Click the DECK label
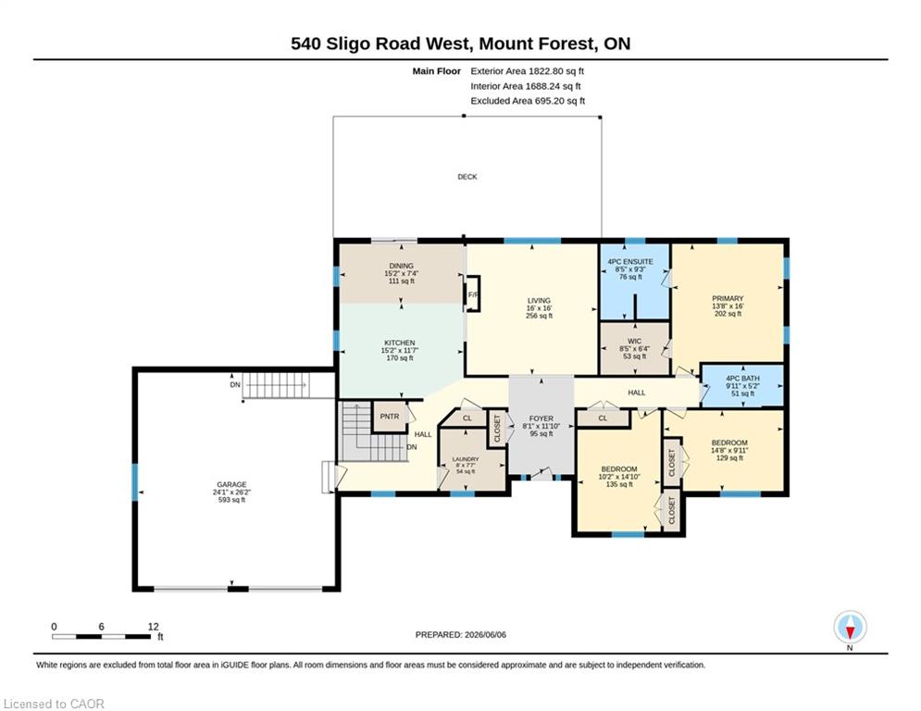(x=467, y=176)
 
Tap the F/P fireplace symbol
(x=473, y=294)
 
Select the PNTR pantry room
(x=390, y=417)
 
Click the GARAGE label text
(x=231, y=485)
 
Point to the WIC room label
(x=634, y=341)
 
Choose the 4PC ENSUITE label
(x=629, y=261)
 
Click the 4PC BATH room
(x=743, y=386)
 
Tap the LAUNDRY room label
(x=466, y=459)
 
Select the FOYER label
(x=541, y=418)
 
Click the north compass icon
(x=850, y=627)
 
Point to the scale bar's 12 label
(x=154, y=627)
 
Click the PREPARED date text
(x=461, y=634)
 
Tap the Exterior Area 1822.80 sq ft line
(x=527, y=71)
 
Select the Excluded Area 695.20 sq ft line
(x=528, y=101)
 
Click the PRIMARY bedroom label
(x=728, y=298)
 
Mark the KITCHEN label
(x=400, y=343)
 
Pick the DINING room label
(x=401, y=266)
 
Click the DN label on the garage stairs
(x=235, y=385)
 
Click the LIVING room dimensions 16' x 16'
(x=540, y=308)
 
